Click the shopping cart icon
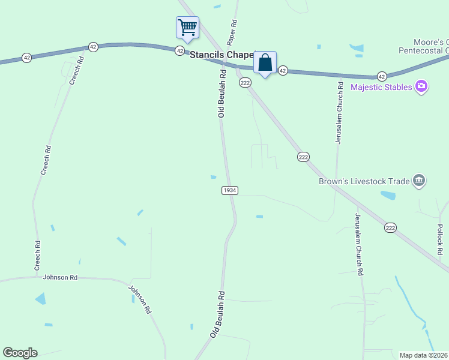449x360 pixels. tap(187, 28)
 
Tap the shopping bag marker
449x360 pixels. tap(265, 62)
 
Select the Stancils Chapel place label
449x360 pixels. tap(222, 54)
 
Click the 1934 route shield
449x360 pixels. tap(230, 190)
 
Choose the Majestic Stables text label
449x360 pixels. tap(381, 87)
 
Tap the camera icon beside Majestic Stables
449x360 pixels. tap(421, 86)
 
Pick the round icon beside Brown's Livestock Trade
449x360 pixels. tap(419, 181)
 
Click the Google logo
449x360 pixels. tap(20, 353)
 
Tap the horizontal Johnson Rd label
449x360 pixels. tap(61, 277)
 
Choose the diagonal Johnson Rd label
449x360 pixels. tap(139, 299)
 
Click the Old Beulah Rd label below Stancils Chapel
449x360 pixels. tap(222, 94)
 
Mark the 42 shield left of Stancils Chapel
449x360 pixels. tap(179, 51)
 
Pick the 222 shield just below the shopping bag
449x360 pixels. tap(245, 83)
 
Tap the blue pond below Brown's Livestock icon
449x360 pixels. tap(388, 196)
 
